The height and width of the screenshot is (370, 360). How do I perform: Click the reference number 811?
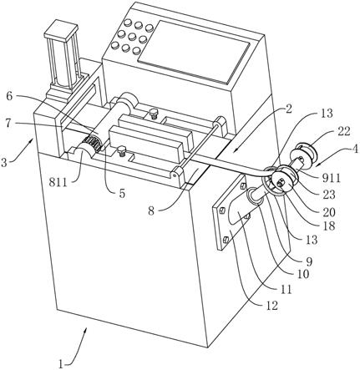point(58,182)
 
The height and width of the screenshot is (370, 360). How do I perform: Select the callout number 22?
point(343,131)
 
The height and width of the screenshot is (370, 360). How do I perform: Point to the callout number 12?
point(271,306)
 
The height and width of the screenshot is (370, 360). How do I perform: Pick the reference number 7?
point(9,124)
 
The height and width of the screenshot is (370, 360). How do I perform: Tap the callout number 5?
point(122,194)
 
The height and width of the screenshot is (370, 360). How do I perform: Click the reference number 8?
point(151,210)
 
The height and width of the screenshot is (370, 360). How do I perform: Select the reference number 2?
point(289,109)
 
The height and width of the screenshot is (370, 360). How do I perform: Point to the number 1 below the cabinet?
point(61,363)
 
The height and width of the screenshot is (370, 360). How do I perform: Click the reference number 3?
point(4,162)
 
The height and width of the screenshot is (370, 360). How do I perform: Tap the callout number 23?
point(329,195)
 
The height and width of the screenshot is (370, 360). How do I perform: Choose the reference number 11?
point(286,290)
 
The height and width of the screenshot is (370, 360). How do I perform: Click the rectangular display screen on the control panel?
point(194,52)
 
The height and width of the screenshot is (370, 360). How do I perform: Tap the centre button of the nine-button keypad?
point(132,37)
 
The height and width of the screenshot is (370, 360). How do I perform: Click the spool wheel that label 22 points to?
point(304,155)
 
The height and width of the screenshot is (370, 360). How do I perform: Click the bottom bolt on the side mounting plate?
point(226,239)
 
